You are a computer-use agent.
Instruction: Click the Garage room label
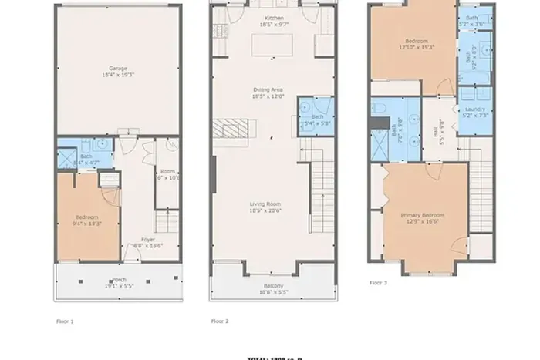(x=117, y=68)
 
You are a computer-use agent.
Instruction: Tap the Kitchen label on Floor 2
(x=275, y=18)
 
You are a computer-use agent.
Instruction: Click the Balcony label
(x=275, y=286)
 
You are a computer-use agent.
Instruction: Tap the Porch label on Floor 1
(x=120, y=280)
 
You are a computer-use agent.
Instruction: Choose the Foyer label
(x=148, y=240)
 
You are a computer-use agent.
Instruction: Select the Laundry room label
(x=475, y=109)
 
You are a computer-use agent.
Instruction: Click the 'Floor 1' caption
(x=65, y=320)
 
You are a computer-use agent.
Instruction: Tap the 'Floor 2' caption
(x=220, y=320)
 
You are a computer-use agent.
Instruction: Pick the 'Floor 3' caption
(x=378, y=283)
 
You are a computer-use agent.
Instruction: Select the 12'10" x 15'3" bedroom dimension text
(x=417, y=47)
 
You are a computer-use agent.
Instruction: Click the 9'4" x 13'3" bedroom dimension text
(x=86, y=224)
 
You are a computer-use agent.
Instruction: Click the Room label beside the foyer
(x=167, y=171)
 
